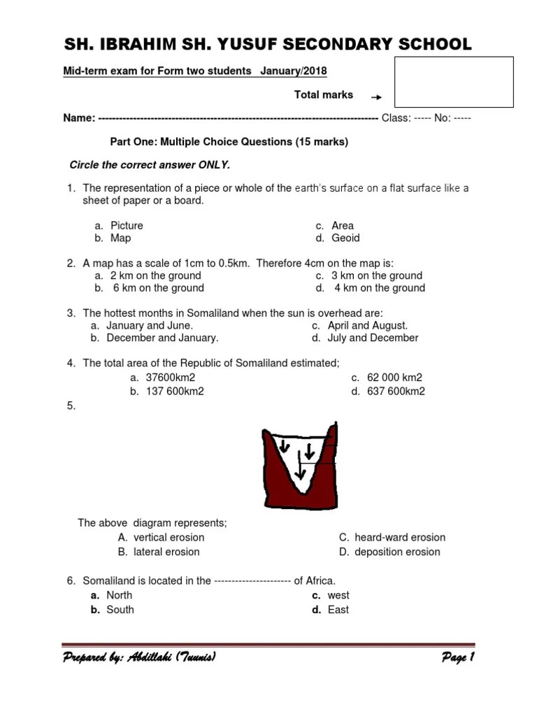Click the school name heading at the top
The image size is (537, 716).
click(x=268, y=45)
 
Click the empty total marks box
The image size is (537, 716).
click(x=454, y=82)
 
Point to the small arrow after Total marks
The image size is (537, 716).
click(x=376, y=98)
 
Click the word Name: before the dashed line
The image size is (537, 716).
click(x=79, y=118)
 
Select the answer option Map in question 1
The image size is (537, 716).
click(x=120, y=238)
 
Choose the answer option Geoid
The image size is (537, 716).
click(x=345, y=238)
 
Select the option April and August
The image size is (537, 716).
click(x=367, y=325)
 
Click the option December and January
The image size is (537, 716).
click(x=162, y=338)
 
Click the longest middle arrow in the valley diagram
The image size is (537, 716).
click(x=300, y=468)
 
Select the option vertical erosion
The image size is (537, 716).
click(x=169, y=537)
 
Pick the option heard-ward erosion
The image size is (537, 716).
click(x=399, y=537)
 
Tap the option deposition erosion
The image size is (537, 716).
click(x=397, y=552)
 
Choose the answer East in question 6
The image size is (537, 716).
click(x=338, y=610)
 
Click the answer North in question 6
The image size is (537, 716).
click(x=119, y=595)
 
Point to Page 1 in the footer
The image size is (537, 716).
click(x=458, y=657)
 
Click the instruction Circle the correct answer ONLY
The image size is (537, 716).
click(x=149, y=165)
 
